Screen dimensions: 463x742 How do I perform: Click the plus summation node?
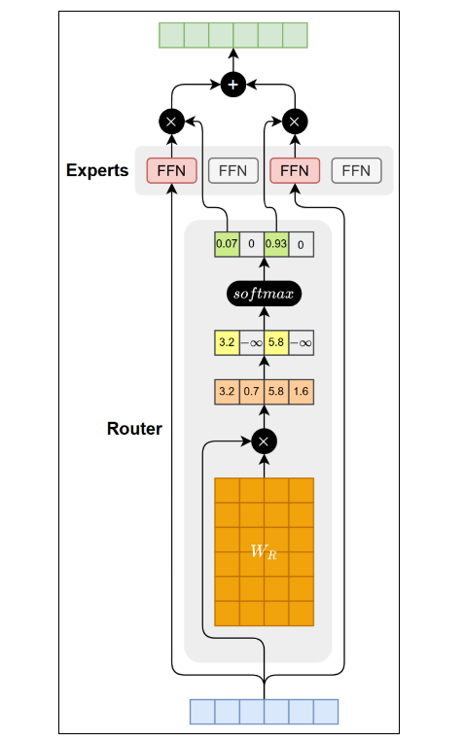232,85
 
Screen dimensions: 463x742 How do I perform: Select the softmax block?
265,294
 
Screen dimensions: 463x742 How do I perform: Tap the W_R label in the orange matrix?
264,551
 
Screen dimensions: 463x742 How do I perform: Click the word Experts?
97,170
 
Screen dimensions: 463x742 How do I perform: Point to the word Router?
134,428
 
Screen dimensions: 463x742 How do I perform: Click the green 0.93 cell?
276,244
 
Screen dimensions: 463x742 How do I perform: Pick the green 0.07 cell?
228,244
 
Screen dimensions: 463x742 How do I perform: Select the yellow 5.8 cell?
276,342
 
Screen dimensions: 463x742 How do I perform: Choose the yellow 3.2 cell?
228,342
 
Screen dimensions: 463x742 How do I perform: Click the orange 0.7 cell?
252,392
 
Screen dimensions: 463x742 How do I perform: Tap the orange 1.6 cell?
302,392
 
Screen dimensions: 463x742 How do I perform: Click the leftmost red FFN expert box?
172,170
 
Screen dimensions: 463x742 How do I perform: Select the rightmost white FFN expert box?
356,170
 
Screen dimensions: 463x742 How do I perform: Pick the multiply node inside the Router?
265,442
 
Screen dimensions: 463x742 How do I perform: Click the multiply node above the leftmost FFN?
171,122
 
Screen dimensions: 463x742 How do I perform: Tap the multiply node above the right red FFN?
295,122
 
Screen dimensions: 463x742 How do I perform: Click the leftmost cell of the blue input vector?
202,712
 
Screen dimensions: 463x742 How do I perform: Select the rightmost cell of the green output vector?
296,35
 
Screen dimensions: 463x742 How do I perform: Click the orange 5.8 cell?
276,392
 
